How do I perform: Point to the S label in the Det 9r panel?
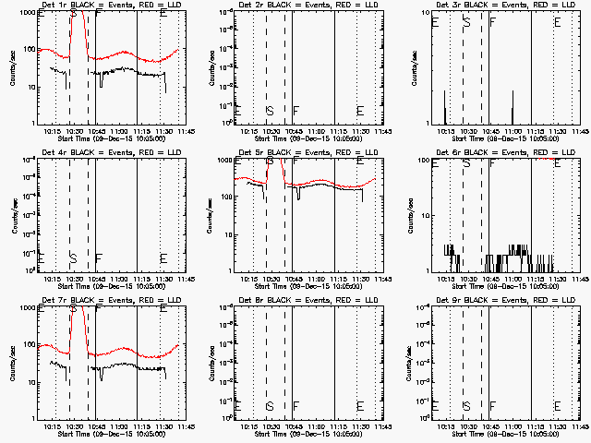coord(466,406)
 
